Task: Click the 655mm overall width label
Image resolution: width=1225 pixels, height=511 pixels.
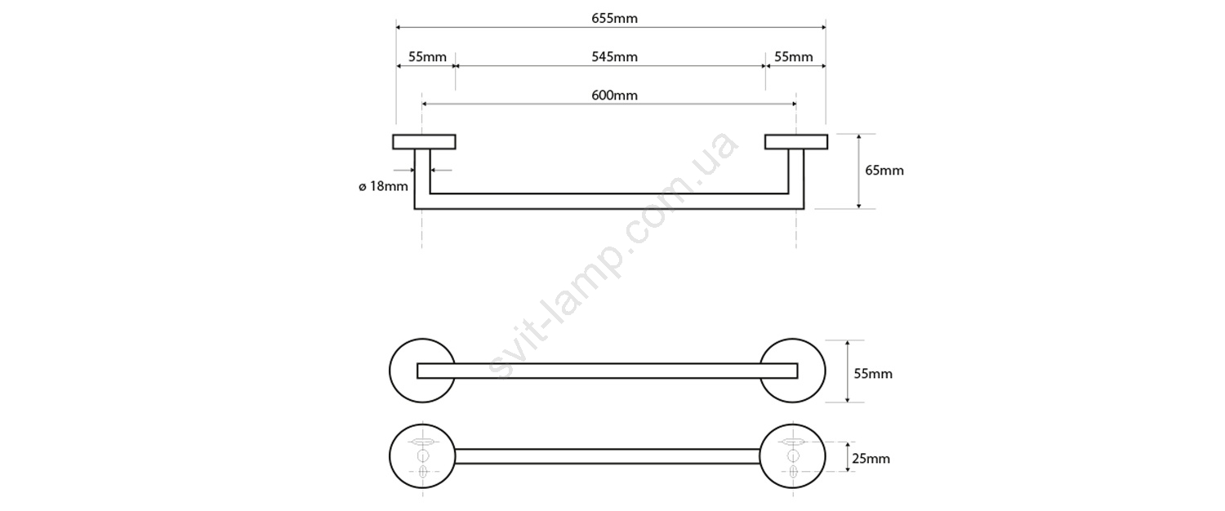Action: click(614, 19)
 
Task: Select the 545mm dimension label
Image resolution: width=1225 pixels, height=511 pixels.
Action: click(614, 57)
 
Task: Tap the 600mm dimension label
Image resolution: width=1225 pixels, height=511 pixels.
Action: click(614, 96)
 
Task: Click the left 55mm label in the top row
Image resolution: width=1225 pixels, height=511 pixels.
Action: click(427, 57)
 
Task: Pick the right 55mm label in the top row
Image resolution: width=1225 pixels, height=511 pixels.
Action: click(794, 57)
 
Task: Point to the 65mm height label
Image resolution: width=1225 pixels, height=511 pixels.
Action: click(884, 171)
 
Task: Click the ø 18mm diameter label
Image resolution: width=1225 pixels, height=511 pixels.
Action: click(383, 187)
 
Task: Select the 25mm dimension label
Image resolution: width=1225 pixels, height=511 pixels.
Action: click(871, 459)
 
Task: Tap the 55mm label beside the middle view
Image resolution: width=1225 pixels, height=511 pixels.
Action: click(873, 374)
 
